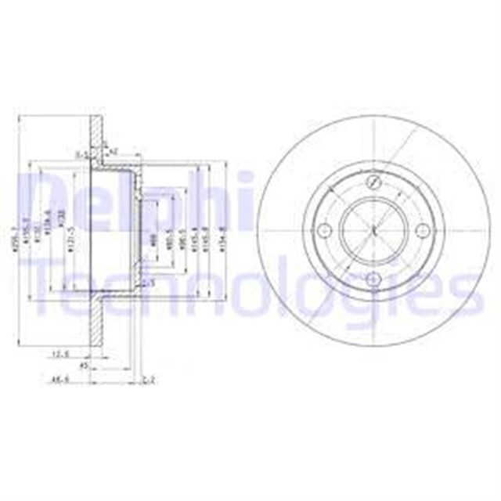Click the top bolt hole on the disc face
(x=373, y=182)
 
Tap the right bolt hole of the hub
(x=423, y=230)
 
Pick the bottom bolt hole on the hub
(x=373, y=280)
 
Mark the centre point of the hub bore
(x=373, y=231)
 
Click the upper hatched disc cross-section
(x=97, y=137)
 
